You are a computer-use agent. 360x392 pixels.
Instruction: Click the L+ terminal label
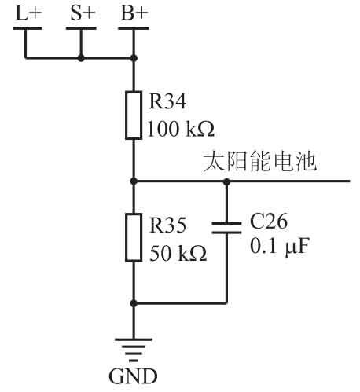28,13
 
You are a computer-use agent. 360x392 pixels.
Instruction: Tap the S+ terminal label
82,13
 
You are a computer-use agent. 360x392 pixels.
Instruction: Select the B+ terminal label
134,13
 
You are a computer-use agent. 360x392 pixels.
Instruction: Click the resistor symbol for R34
134,115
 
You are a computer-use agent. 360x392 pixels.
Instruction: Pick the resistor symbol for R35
134,237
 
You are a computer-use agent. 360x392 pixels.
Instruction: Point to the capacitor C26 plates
226,228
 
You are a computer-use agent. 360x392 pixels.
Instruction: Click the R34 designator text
167,101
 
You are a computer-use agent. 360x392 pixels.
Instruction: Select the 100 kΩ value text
181,129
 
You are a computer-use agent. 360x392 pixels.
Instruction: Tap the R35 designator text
167,225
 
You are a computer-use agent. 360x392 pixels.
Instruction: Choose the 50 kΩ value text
178,253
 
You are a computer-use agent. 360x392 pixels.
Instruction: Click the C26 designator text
269,222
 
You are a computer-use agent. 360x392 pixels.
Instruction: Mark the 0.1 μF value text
280,246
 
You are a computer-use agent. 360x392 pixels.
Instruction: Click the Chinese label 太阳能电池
259,162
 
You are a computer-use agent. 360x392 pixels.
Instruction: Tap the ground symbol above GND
134,350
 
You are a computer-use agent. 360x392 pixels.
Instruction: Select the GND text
133,376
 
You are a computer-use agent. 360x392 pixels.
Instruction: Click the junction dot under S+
81,58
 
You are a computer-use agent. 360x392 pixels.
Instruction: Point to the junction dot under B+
134,58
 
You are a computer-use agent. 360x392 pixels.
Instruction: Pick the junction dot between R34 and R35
134,181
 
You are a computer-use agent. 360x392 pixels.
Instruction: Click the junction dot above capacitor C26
226,181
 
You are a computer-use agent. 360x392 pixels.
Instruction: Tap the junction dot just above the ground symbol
134,303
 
